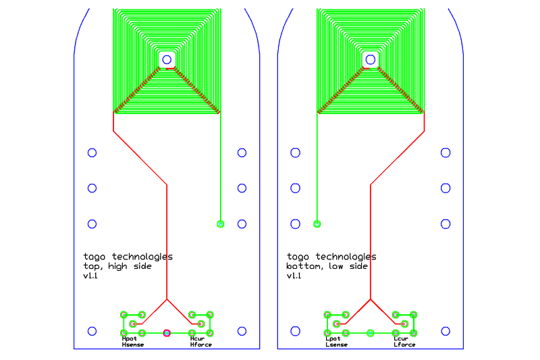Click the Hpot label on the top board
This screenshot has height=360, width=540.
tap(129, 339)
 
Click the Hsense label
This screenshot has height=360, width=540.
tap(132, 345)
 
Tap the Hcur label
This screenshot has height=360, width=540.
tap(197, 339)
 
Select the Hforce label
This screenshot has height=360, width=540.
tap(200, 345)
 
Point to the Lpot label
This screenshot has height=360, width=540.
tap(333, 339)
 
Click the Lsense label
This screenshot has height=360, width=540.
tap(336, 345)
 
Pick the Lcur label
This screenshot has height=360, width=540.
tap(401, 339)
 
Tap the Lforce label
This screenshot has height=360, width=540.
tap(404, 345)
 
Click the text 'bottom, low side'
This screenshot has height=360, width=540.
tap(327, 266)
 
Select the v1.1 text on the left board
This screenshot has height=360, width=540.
tap(90, 276)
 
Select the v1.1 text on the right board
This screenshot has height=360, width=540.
tap(294, 276)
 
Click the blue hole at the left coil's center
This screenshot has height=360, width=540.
tap(166, 59)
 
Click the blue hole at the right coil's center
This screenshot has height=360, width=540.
tap(370, 59)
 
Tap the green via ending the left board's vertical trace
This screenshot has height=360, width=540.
tap(220, 224)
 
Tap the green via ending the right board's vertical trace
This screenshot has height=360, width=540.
tap(317, 224)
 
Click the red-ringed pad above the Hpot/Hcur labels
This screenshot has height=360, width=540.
tap(167, 332)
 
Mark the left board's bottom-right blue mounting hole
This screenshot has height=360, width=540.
tap(242, 331)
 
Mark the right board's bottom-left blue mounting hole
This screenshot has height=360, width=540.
tap(295, 331)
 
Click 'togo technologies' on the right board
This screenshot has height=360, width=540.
tap(331, 257)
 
